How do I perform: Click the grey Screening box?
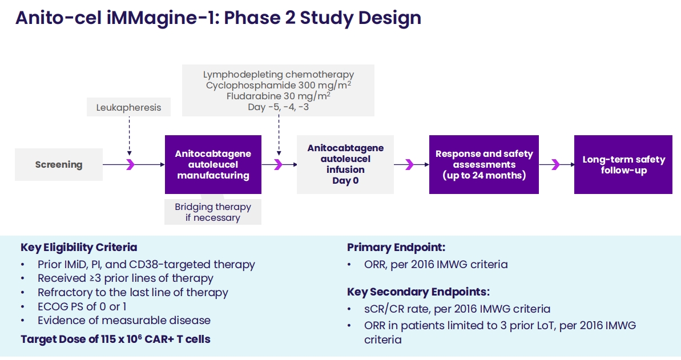59,165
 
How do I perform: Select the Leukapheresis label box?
129,107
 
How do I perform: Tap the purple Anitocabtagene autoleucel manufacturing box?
213,165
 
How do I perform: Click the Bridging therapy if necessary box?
213,212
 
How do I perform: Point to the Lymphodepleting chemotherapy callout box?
279,90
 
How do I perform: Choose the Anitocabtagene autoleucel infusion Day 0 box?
345,164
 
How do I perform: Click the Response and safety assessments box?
483,165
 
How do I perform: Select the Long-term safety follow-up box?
623,165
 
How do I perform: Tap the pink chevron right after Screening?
130,165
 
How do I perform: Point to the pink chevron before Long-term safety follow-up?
555,165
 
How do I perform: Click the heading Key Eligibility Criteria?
79,248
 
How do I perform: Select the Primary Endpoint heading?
396,248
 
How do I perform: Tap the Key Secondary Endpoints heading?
418,292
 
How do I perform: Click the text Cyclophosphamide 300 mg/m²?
279,86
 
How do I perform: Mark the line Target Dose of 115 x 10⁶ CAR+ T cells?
115,339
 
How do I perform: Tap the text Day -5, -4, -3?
279,107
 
